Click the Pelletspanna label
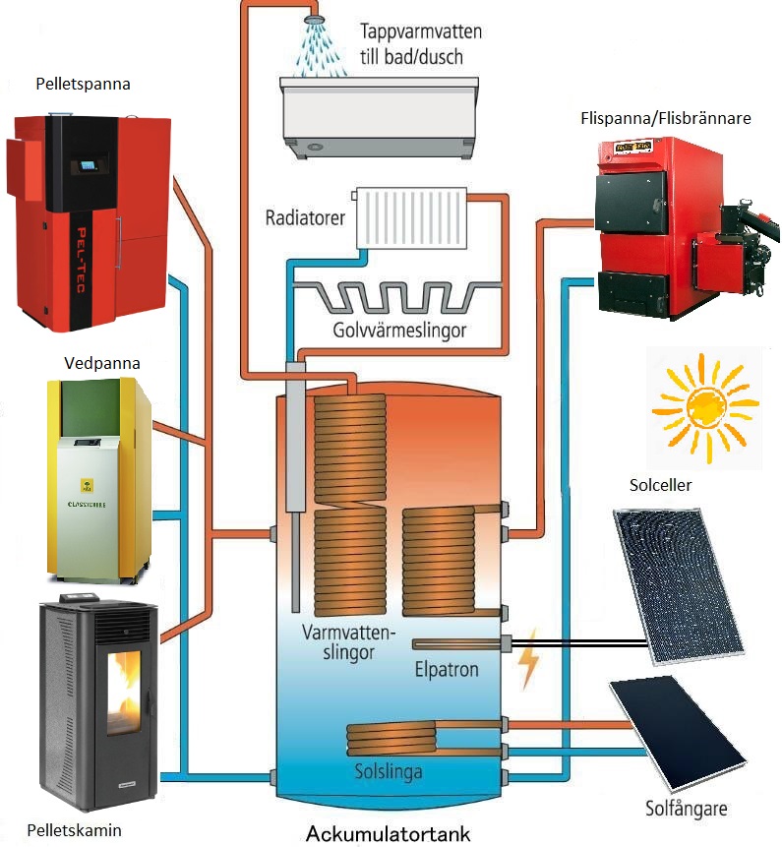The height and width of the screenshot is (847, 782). coord(83,85)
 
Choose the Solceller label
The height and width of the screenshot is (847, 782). coord(660,486)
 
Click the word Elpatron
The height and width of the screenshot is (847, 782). coord(447,670)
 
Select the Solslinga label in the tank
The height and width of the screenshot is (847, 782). coord(389,772)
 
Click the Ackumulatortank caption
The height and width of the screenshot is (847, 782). coord(388,834)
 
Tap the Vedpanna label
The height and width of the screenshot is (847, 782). coord(101,363)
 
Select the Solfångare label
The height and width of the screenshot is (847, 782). coord(689,809)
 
